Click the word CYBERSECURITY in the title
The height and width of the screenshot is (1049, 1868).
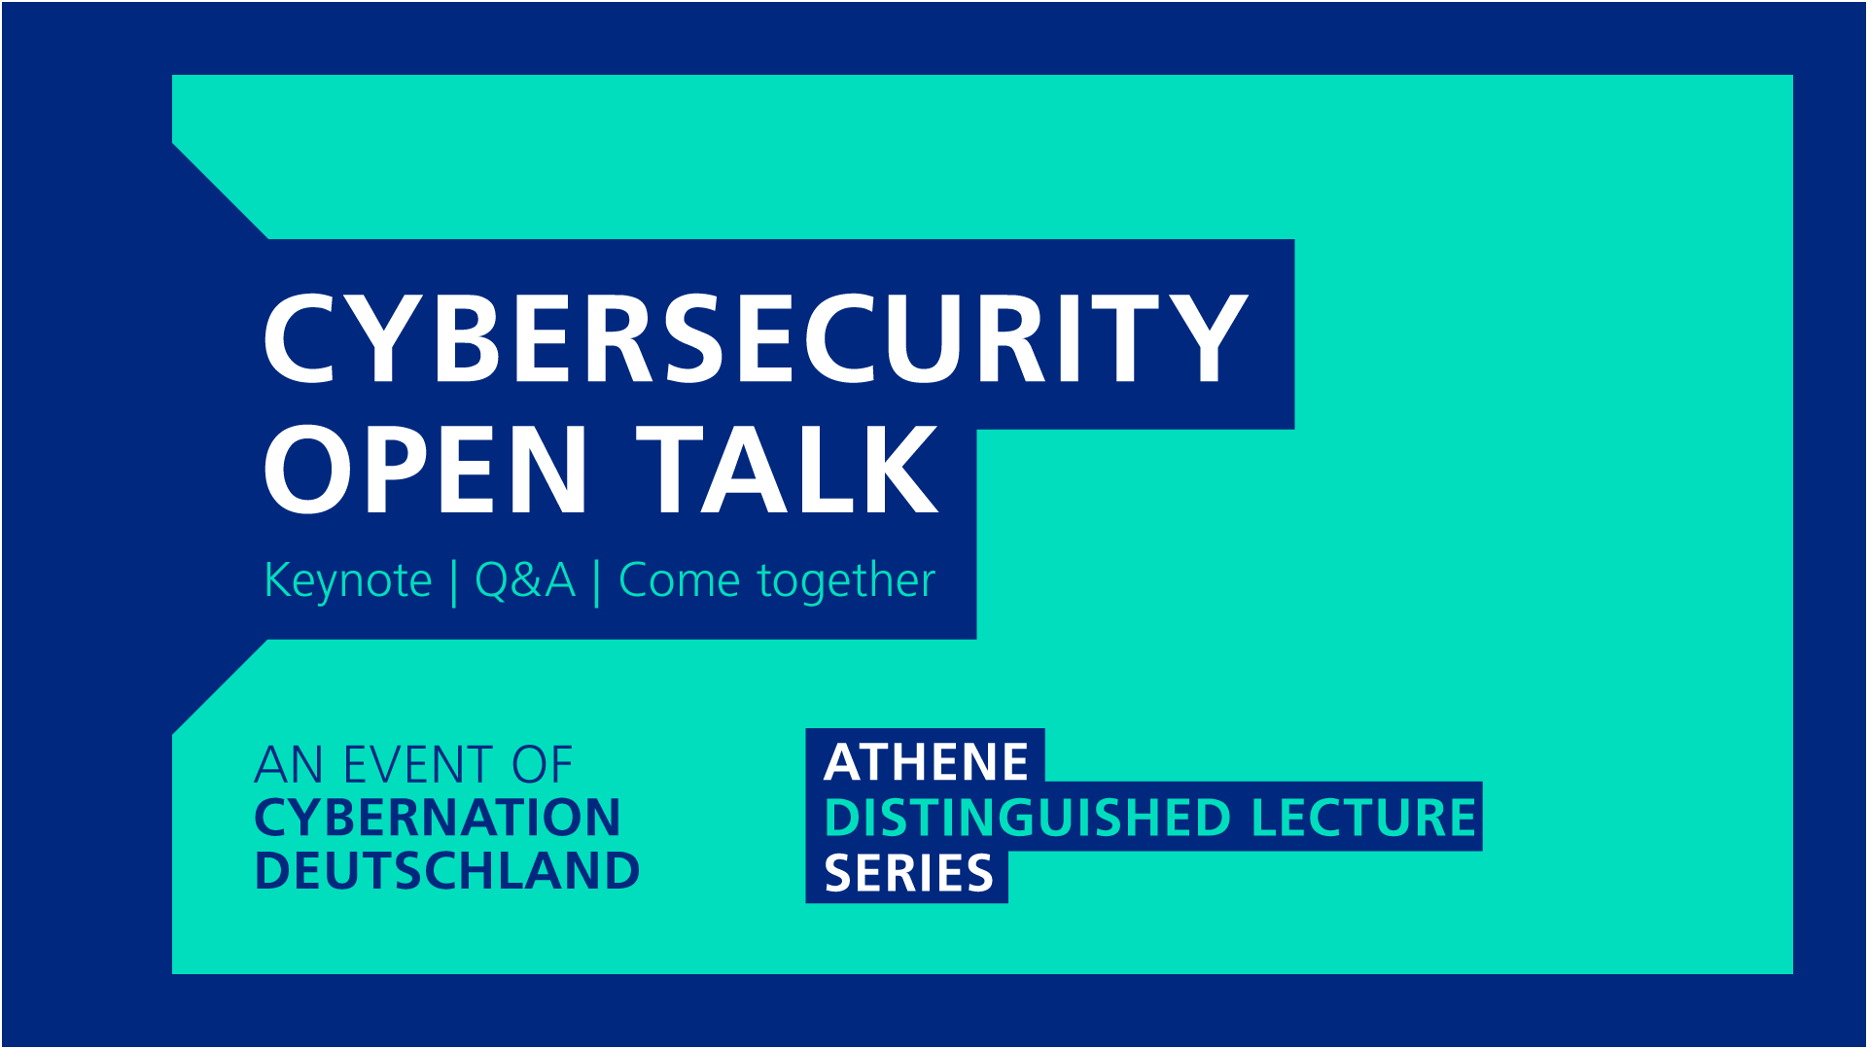(756, 338)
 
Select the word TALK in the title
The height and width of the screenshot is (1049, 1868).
(789, 470)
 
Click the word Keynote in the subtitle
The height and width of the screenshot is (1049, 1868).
(347, 581)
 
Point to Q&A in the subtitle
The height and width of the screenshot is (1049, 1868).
(525, 581)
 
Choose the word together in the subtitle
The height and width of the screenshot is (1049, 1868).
(846, 582)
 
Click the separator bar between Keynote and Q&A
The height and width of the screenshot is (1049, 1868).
(454, 582)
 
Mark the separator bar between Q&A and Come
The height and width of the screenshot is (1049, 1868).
(596, 582)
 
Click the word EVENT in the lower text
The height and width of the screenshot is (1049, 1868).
(418, 765)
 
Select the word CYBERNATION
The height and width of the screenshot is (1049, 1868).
(437, 818)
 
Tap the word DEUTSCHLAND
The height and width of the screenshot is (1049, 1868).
(447, 870)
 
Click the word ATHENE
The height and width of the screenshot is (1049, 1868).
(926, 762)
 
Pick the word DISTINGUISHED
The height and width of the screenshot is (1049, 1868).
(1028, 818)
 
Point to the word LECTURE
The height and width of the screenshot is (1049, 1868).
(1363, 818)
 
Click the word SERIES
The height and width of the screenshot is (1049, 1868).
(908, 874)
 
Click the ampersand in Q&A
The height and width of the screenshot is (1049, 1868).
(526, 581)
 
